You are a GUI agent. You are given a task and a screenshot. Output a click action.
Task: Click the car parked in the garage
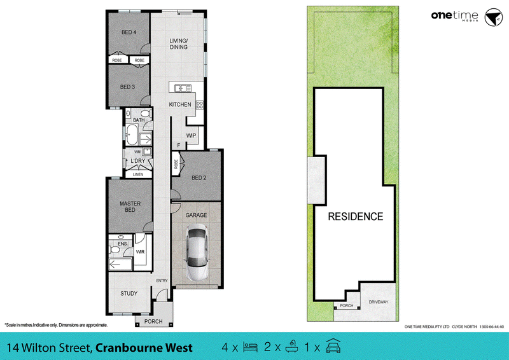coord(197,253)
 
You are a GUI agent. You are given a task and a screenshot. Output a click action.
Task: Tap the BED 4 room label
coord(129,32)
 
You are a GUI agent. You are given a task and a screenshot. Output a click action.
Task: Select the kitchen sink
coord(183,88)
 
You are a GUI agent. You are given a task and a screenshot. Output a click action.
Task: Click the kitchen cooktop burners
coord(200,105)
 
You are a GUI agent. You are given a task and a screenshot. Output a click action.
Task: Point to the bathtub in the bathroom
coord(132,135)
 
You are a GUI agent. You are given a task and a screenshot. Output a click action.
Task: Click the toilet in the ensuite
coord(115,250)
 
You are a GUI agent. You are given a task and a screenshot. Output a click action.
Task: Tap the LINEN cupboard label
coord(138,174)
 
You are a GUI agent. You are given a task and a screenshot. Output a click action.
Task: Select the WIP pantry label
coord(192,135)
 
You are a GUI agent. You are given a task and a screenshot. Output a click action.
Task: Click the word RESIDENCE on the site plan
coord(356,216)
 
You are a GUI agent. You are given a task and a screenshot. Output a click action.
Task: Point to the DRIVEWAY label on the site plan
coord(379,302)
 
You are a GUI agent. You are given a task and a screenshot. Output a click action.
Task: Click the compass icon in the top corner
coord(494,17)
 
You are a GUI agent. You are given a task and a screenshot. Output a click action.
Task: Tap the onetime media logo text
coord(454,16)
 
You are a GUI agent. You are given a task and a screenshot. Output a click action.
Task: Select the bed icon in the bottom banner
coord(250,347)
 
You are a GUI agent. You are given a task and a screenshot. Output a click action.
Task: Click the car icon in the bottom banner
coord(333,346)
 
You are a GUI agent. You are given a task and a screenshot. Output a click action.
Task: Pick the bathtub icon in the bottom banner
coord(292,347)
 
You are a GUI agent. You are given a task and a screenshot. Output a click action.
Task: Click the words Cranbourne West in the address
coord(144,348)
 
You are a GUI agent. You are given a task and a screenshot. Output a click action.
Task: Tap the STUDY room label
coord(129,293)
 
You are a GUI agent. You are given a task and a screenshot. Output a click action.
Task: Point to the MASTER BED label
coord(130,207)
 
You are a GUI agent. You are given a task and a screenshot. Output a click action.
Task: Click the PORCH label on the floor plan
coord(153,321)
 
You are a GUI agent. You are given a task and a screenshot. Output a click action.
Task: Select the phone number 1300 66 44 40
coord(492,327)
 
